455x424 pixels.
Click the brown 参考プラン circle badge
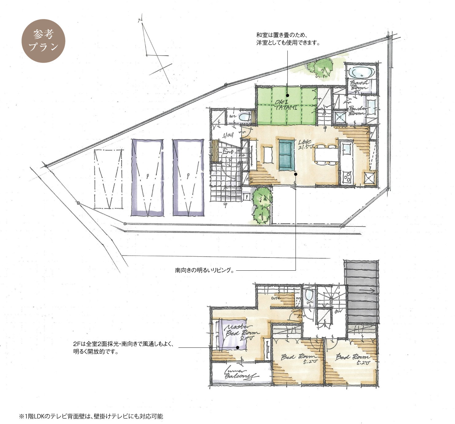(43, 41)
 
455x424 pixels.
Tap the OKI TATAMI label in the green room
(286, 105)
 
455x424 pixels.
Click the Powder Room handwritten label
(357, 111)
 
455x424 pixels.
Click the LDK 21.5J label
(306, 144)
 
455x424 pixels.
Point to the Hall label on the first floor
(228, 135)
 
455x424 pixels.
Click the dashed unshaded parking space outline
(108, 179)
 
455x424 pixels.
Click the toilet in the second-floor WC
(309, 296)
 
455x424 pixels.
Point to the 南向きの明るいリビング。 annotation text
(205, 270)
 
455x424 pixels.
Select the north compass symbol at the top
(154, 49)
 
